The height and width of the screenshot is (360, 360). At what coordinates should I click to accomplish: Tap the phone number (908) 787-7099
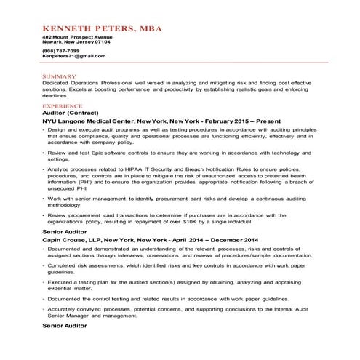point(61,50)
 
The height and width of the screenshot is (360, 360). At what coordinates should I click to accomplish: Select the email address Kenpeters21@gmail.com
point(71,55)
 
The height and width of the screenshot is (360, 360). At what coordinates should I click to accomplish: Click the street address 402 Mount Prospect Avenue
point(77,37)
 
